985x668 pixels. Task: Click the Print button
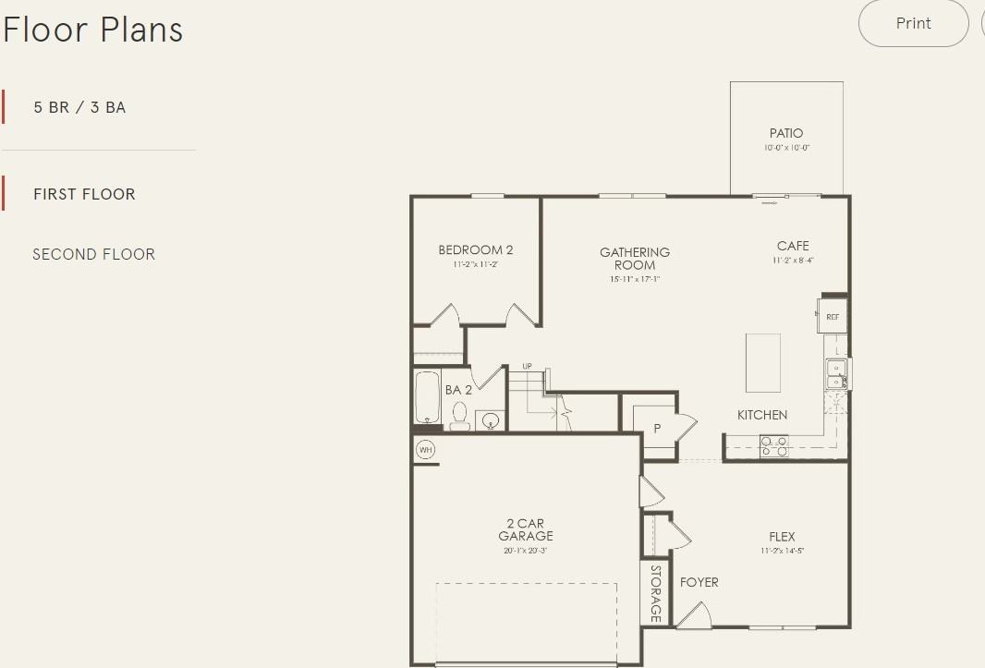click(x=913, y=24)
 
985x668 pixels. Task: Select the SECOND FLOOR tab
click(x=93, y=254)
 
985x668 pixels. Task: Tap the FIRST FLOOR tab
click(x=84, y=194)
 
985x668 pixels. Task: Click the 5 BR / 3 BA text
click(x=79, y=107)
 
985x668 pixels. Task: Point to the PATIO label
click(x=786, y=133)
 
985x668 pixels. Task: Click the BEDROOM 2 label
click(x=475, y=249)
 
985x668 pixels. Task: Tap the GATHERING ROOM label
click(x=635, y=258)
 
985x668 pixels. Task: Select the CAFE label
click(x=793, y=246)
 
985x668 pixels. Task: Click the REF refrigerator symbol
click(x=833, y=316)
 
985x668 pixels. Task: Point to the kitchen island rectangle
click(x=763, y=363)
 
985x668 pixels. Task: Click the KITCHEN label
click(x=762, y=415)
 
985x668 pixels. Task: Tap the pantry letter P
click(x=658, y=429)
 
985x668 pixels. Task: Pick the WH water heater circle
click(x=425, y=450)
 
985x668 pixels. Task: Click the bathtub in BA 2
click(x=428, y=396)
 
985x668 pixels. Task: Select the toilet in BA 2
click(x=460, y=418)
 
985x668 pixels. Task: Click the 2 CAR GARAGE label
click(x=526, y=529)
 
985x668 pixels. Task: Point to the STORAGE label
click(x=655, y=593)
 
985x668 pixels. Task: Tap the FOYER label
click(x=699, y=582)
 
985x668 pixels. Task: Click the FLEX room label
click(x=782, y=536)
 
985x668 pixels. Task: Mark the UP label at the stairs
click(x=527, y=366)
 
